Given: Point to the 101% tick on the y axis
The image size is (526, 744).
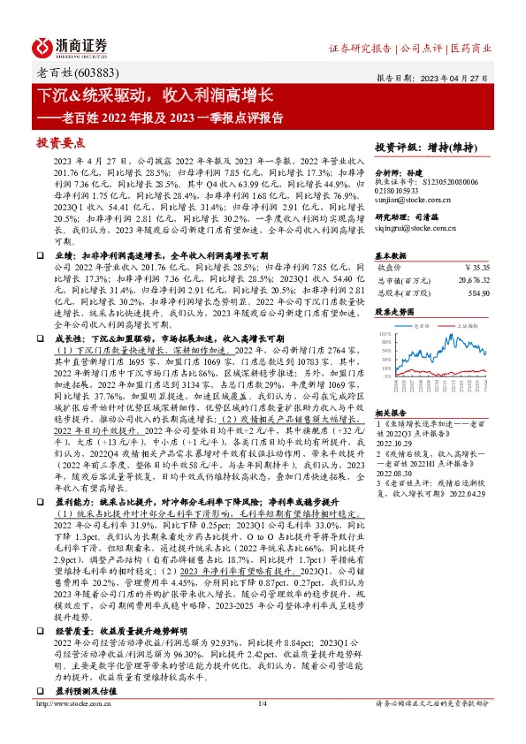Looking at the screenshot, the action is tap(384, 335).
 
